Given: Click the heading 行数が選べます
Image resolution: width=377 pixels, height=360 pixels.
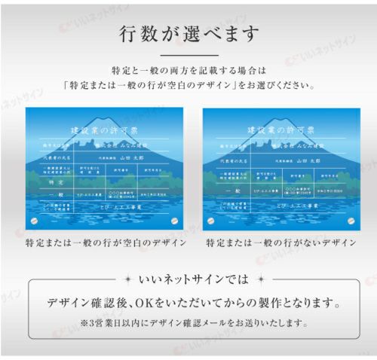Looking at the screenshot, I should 188,34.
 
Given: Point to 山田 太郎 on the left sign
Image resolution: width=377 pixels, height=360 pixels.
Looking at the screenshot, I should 130,159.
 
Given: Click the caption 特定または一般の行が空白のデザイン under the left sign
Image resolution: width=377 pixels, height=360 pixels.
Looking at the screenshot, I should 105,243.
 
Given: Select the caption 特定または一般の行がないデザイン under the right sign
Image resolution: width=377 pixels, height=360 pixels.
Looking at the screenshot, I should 280,243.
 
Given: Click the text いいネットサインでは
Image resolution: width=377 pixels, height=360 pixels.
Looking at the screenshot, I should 188,279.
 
